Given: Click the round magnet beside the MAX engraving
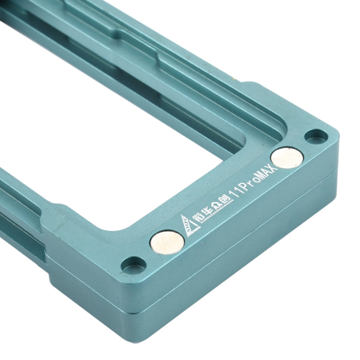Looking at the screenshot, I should pos(287,157).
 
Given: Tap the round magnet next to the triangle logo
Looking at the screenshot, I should pos(167,242).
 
